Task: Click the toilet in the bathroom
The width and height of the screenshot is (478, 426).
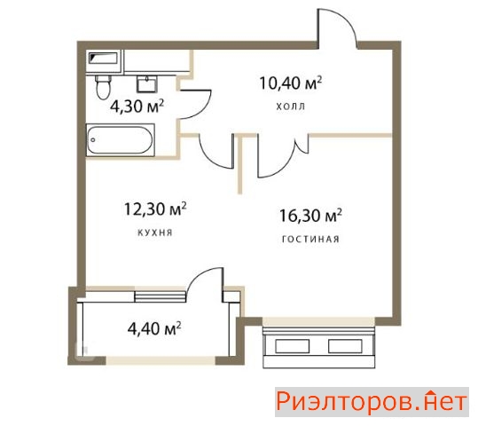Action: pos(103,87)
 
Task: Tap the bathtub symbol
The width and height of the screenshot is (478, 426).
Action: pos(120,140)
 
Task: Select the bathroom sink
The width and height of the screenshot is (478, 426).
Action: pos(147,84)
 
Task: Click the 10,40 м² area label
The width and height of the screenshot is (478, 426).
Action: pos(291,83)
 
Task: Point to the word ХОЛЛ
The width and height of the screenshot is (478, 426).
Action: pos(291,106)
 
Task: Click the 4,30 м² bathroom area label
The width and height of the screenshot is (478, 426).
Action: pos(137,106)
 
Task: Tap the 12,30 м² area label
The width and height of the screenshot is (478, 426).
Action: pos(155,209)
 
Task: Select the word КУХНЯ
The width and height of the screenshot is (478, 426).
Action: pos(155,233)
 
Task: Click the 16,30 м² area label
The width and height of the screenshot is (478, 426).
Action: pos(310,216)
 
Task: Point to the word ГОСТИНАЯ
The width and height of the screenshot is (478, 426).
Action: pos(310,240)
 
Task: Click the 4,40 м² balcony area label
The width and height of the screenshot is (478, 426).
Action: pos(154,328)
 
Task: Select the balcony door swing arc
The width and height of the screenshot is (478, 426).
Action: pos(198,274)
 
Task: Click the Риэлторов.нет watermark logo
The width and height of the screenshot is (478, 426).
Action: pos(372,402)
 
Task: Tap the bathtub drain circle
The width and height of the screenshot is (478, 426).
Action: pos(93,140)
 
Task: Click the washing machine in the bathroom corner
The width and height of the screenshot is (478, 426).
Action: pos(104,60)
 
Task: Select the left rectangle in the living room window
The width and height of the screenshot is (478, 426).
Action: pos(293,346)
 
